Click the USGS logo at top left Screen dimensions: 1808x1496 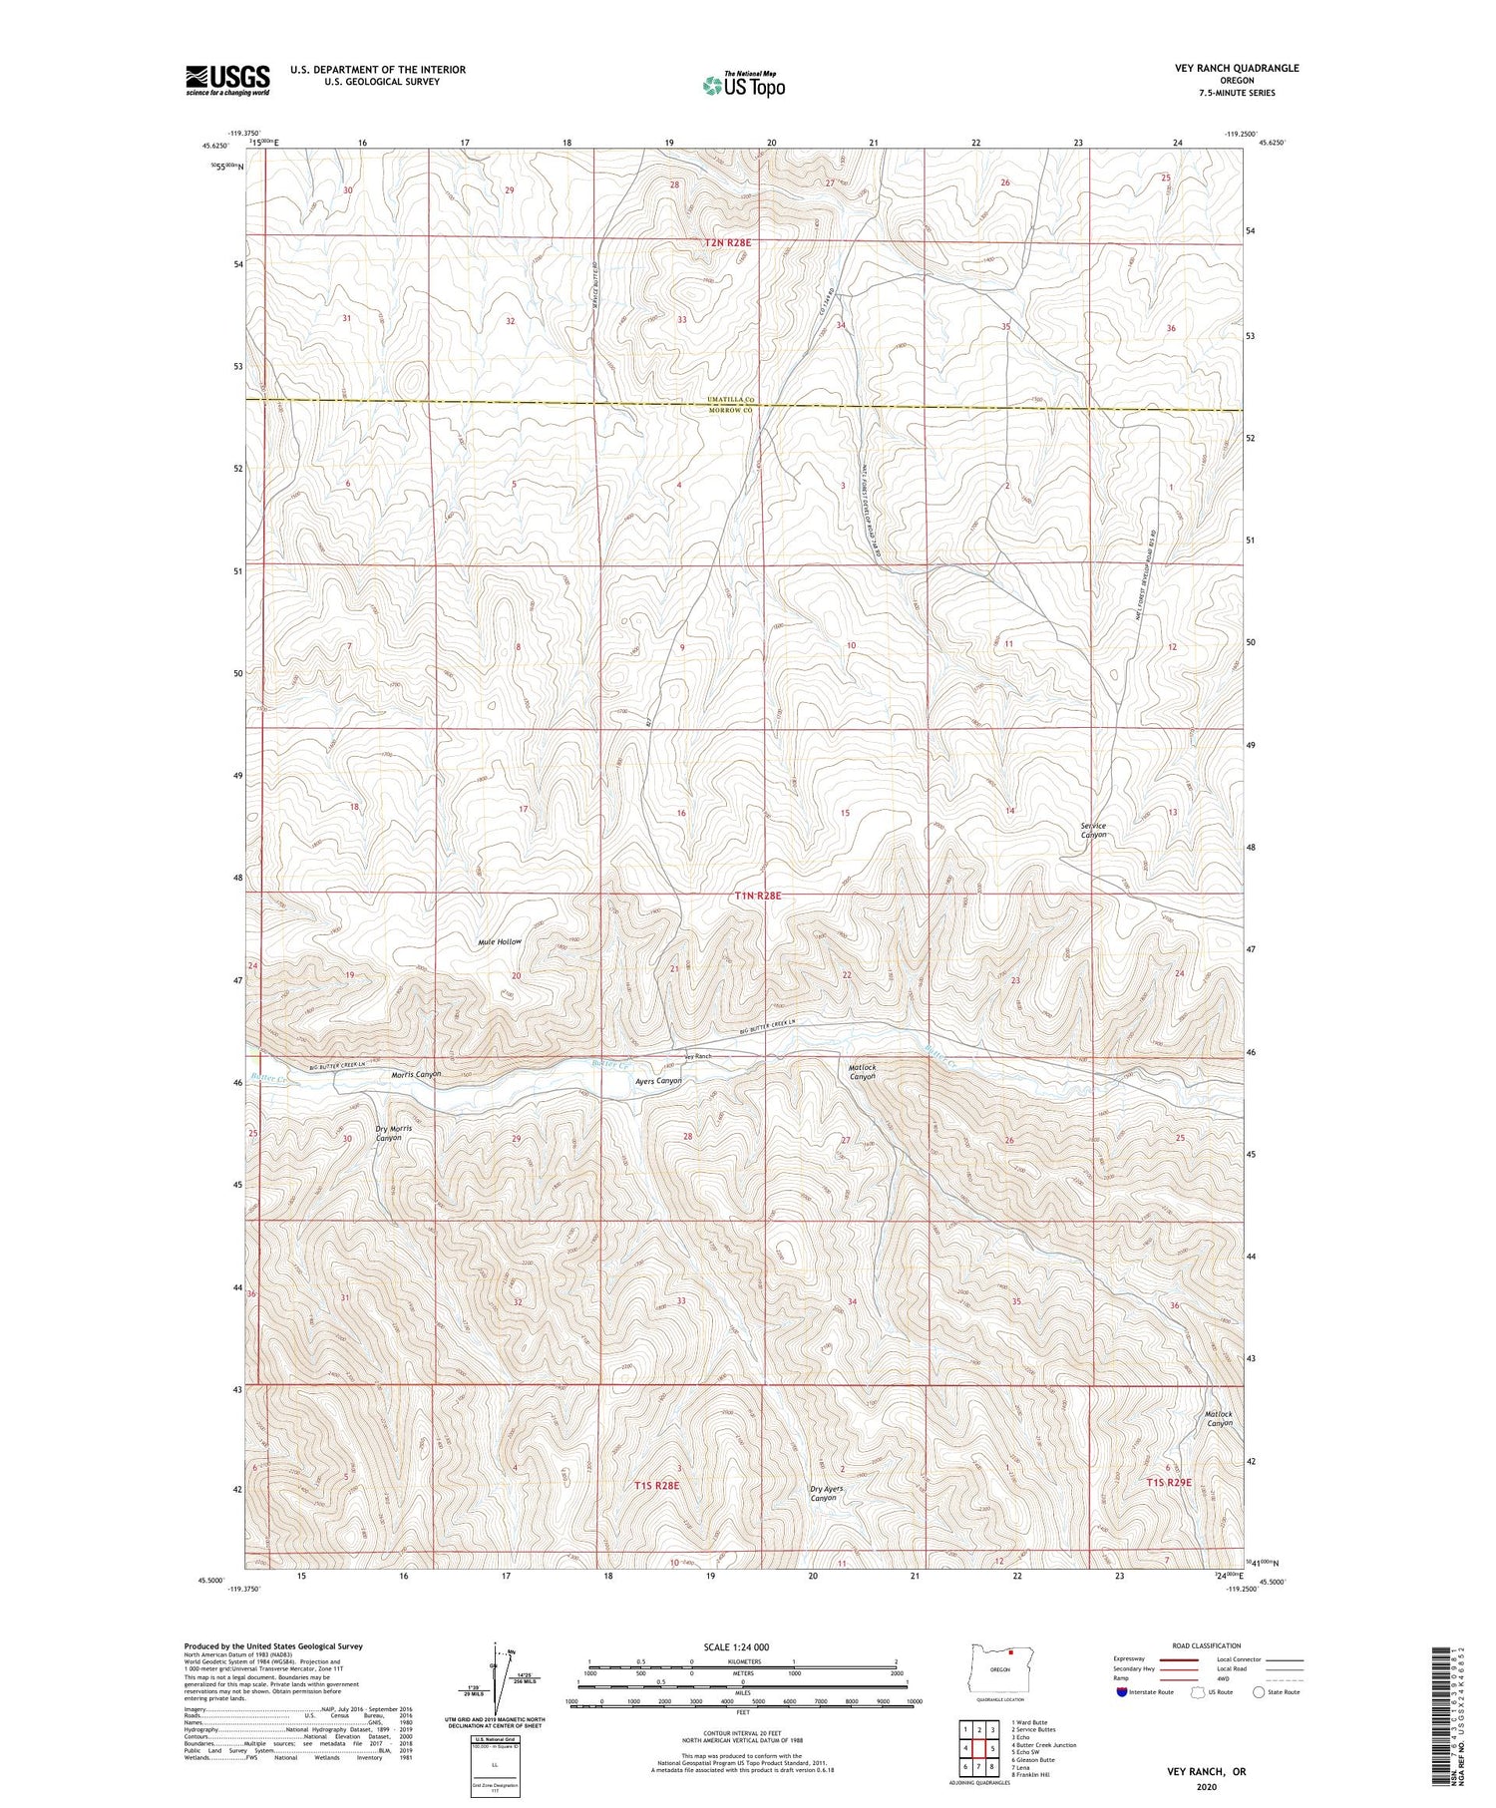pyautogui.click(x=227, y=80)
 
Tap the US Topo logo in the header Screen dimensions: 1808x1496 pyautogui.click(x=743, y=86)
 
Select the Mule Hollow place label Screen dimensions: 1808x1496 pyautogui.click(x=500, y=941)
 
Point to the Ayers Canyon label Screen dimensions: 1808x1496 pyautogui.click(x=659, y=1081)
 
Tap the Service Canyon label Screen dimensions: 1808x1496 pyautogui.click(x=1094, y=830)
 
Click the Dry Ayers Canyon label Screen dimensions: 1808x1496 pyautogui.click(x=826, y=1493)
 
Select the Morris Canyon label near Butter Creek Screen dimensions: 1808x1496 pyautogui.click(x=416, y=1074)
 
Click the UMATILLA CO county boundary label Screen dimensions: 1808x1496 pyautogui.click(x=734, y=400)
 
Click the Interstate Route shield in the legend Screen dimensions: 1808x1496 pyautogui.click(x=1122, y=1691)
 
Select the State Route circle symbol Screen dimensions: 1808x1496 pyautogui.click(x=1259, y=1691)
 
